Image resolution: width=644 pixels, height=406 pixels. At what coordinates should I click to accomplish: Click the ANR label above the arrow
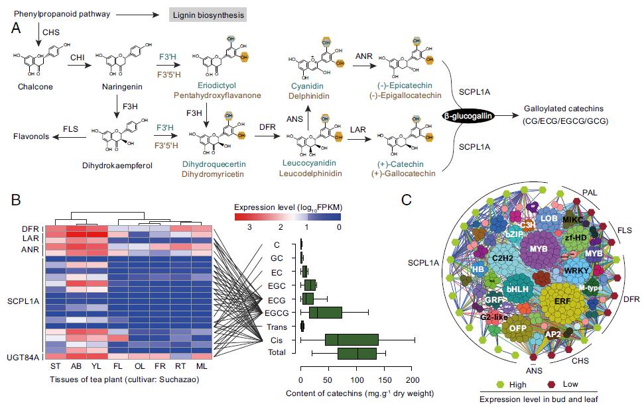pos(365,56)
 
